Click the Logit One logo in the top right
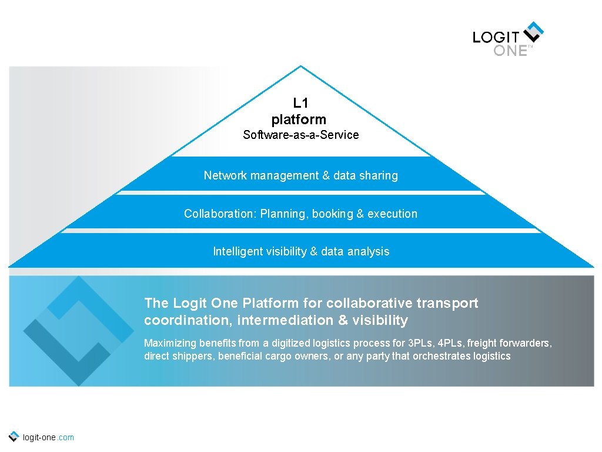tap(509, 39)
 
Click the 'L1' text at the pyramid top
tap(300, 104)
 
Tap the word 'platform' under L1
tap(299, 119)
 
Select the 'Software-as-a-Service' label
tap(300, 135)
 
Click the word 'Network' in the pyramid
tap(225, 175)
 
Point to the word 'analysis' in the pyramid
tap(368, 251)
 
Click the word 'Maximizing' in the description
tap(170, 343)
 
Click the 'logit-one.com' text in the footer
tap(48, 437)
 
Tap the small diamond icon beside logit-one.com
tap(14, 436)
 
